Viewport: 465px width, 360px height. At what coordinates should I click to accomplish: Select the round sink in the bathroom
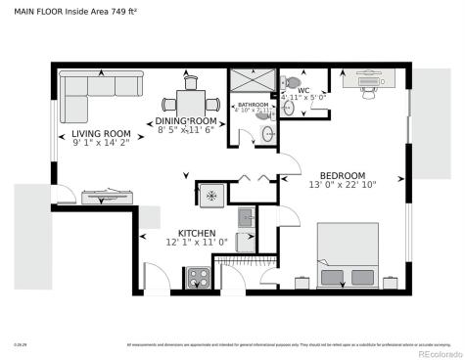(x=269, y=134)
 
